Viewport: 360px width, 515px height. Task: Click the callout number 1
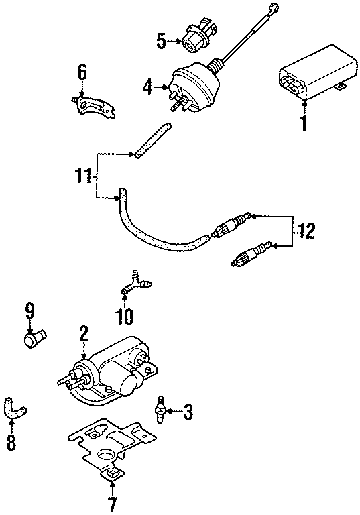(x=303, y=123)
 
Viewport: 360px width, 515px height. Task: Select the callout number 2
(x=84, y=333)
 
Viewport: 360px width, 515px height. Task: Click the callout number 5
(x=162, y=42)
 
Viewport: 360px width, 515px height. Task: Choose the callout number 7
(x=111, y=502)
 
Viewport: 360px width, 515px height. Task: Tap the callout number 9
(x=29, y=311)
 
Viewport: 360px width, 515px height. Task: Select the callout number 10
(x=125, y=314)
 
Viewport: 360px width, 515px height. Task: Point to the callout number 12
(x=306, y=232)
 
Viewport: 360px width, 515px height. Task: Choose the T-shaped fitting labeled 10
(x=138, y=282)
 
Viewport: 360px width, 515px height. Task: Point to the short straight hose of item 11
(x=151, y=141)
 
